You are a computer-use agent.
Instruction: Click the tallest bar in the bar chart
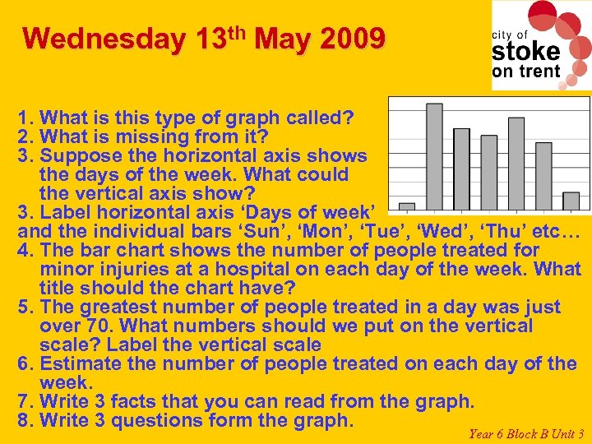434,155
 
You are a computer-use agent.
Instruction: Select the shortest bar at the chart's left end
406,206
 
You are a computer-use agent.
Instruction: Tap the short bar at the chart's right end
571,201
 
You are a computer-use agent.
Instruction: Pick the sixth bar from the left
543,175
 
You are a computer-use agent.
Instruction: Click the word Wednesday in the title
104,39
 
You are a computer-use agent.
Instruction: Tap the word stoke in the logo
525,51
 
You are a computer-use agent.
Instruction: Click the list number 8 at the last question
24,420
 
